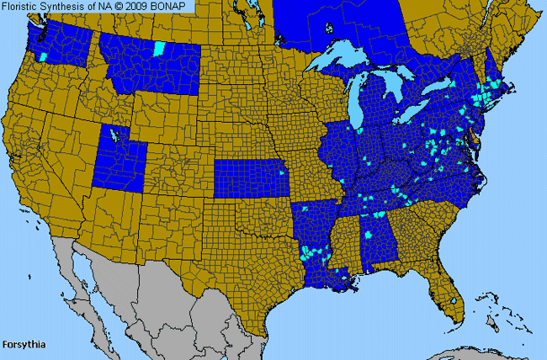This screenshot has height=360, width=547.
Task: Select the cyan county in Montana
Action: coord(160,47)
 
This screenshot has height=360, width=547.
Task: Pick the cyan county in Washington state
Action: coord(43,56)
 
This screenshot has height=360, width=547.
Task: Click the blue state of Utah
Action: coord(119,160)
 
